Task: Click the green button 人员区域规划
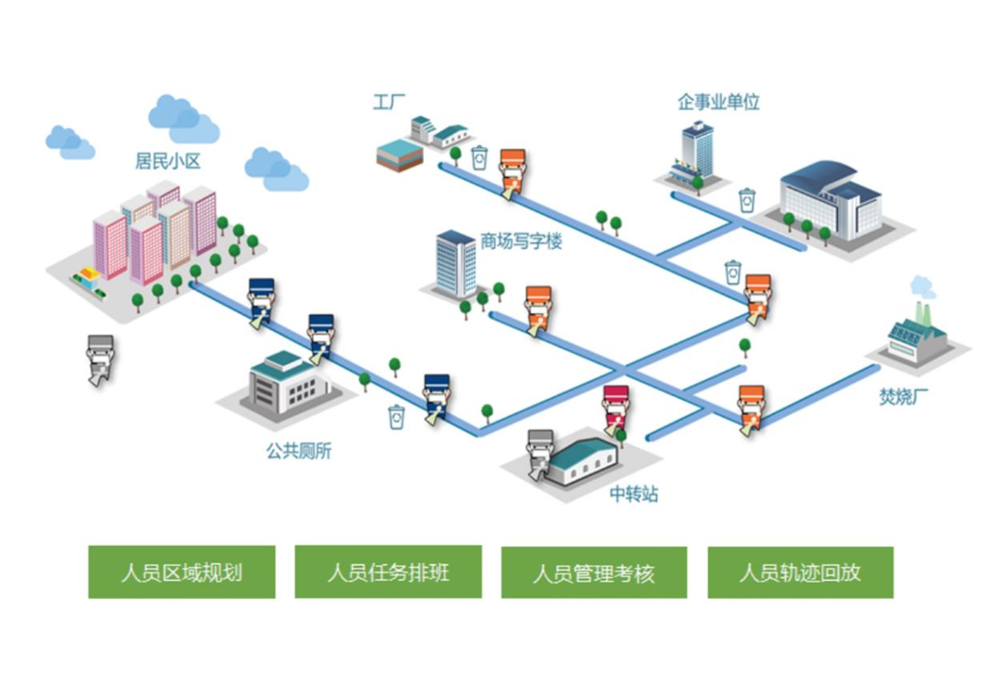(x=182, y=572)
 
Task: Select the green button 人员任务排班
(x=388, y=572)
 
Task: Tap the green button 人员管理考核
(x=594, y=572)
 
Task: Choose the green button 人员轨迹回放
(x=800, y=572)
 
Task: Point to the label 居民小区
(x=167, y=162)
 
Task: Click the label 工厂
(x=389, y=103)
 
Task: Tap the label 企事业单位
(x=718, y=103)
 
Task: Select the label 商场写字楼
(x=520, y=241)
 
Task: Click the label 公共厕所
(x=299, y=451)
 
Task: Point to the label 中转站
(x=634, y=494)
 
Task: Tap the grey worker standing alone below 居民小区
(x=100, y=358)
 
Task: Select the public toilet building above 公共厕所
(x=290, y=384)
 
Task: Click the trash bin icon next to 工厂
(x=479, y=158)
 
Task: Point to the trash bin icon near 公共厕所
(x=396, y=416)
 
